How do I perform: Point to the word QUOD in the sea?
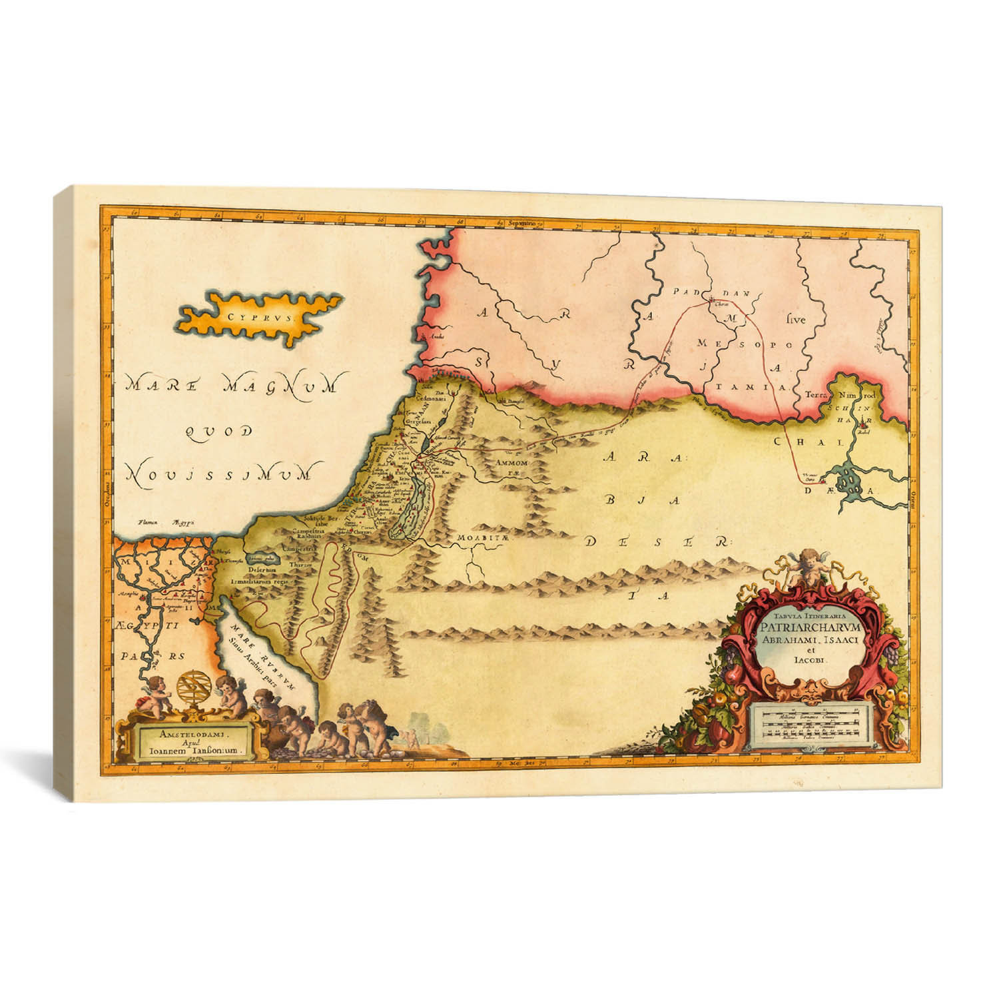tap(218, 432)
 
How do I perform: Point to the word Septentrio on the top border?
tap(524, 223)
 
